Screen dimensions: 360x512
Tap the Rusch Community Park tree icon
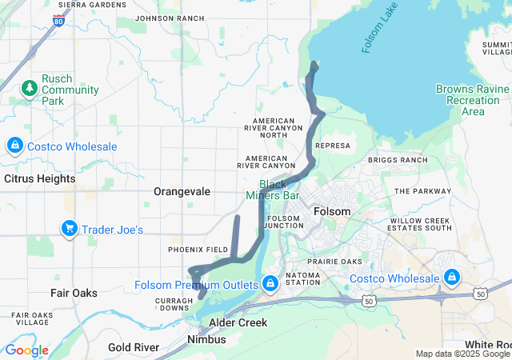30,87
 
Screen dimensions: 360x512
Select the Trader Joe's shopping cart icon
69,230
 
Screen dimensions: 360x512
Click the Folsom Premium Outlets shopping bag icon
270,283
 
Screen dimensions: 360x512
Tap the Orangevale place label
182,192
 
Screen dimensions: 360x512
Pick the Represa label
334,146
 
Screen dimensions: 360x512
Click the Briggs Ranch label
398,160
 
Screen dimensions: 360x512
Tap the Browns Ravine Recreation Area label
472,100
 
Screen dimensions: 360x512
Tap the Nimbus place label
206,339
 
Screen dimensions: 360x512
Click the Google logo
26,350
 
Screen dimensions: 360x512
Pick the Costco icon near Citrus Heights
14,146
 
